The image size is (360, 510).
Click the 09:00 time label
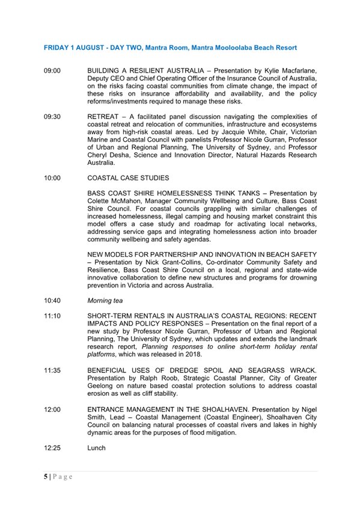52,71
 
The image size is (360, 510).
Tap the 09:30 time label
52,115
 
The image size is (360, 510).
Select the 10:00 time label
52,178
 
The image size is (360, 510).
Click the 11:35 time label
52,371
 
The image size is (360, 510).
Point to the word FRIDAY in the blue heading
58,47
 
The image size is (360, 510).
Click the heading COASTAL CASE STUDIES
128,178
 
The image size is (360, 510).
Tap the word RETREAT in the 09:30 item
105,115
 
